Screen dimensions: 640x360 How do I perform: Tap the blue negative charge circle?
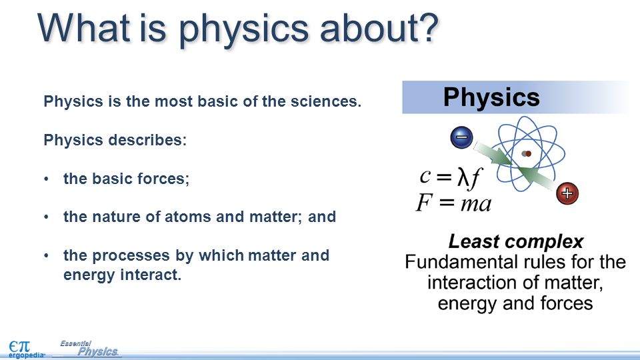click(x=461, y=137)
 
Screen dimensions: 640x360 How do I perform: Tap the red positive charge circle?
click(x=567, y=193)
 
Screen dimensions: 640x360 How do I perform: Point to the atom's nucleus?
click(x=527, y=154)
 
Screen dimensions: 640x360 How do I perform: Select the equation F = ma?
click(x=453, y=203)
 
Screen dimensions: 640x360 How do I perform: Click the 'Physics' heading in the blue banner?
click(x=491, y=97)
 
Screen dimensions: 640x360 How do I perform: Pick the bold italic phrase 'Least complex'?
click(x=516, y=241)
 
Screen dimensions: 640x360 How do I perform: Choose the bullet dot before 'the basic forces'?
click(x=47, y=179)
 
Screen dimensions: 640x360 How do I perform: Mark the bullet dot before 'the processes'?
click(x=47, y=255)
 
